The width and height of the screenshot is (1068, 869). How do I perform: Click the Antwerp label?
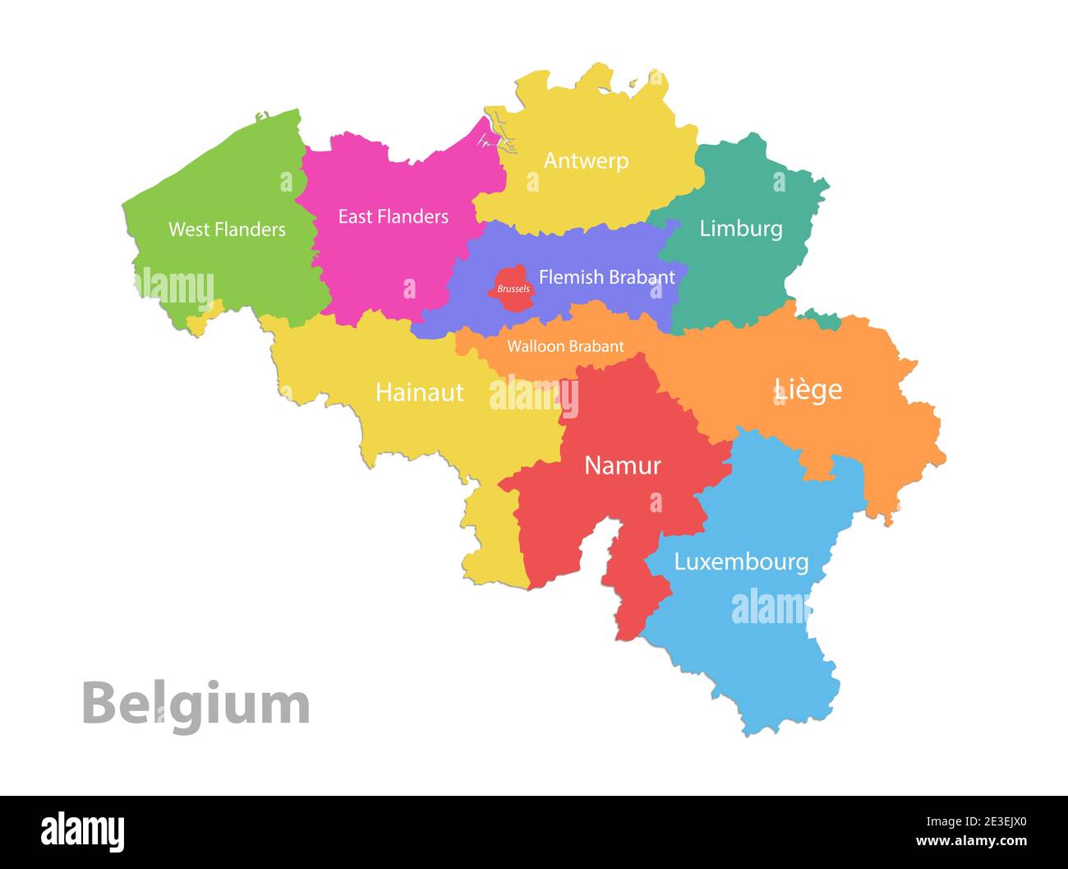[x=586, y=160]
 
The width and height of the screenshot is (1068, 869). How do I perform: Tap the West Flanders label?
[x=227, y=229]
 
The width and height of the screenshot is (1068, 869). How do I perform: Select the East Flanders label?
[x=393, y=216]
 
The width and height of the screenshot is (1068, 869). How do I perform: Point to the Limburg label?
[x=740, y=229]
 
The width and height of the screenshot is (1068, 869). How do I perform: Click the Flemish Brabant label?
[x=606, y=277]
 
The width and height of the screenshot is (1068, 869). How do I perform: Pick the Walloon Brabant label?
[x=565, y=346]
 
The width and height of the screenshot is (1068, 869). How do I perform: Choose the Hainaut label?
[x=419, y=392]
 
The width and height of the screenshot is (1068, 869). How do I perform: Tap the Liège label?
[x=808, y=389]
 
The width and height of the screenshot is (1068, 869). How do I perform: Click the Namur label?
[x=622, y=465]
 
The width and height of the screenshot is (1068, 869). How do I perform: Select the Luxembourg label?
[x=741, y=562]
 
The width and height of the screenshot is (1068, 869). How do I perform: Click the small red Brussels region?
[x=512, y=289]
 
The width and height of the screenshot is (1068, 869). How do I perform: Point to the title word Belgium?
[x=196, y=704]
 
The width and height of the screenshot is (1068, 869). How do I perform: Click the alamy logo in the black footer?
[x=82, y=832]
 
